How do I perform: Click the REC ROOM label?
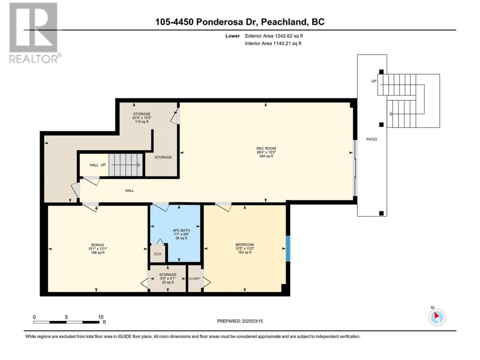pyautogui.click(x=266, y=148)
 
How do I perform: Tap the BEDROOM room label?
pyautogui.click(x=244, y=244)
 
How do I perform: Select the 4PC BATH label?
pyautogui.click(x=181, y=230)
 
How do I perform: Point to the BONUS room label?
pyautogui.click(x=97, y=245)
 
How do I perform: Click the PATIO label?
pyautogui.click(x=372, y=139)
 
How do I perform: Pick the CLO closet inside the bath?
pyautogui.click(x=157, y=254)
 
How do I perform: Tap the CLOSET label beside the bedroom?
pyautogui.click(x=194, y=279)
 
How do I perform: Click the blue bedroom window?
pyautogui.click(x=288, y=249)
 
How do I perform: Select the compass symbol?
pyautogui.click(x=437, y=317)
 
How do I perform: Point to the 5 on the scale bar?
pyautogui.click(x=66, y=317)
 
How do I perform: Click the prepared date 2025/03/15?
pyautogui.click(x=252, y=321)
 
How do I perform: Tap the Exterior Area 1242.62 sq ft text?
pyautogui.click(x=274, y=36)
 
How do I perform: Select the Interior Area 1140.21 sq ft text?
pyautogui.click(x=273, y=43)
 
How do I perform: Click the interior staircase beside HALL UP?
pyautogui.click(x=126, y=165)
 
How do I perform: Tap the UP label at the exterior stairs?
pyautogui.click(x=374, y=81)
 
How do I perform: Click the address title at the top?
pyautogui.click(x=240, y=22)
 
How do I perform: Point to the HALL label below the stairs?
pyautogui.click(x=129, y=190)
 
